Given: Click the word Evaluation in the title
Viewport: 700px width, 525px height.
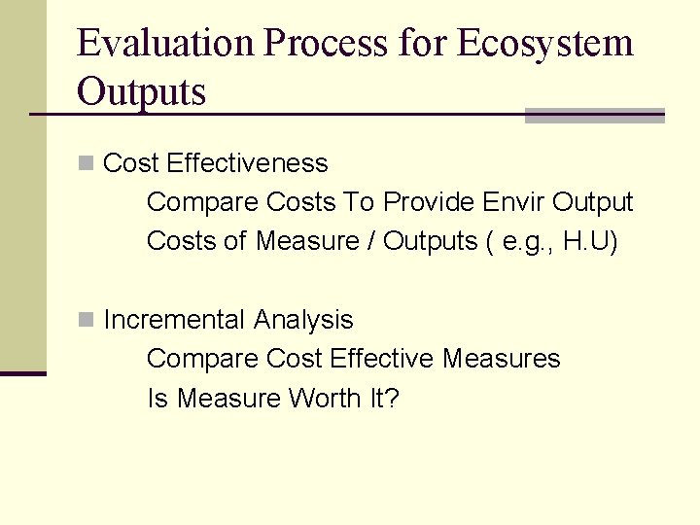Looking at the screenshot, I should tap(166, 43).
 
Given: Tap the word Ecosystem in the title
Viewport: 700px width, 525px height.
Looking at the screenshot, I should tap(543, 43).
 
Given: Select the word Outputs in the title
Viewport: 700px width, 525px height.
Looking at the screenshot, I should tap(141, 91).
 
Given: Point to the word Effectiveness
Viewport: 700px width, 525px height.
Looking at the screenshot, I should tap(247, 163).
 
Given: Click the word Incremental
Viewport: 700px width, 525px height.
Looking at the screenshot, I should tap(174, 320).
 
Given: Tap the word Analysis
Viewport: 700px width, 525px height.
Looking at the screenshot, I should tap(303, 320).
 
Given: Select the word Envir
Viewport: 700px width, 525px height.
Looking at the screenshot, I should tap(513, 202).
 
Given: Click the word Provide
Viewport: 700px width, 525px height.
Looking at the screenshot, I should tap(427, 202).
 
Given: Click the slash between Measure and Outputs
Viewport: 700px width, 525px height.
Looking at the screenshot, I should tap(371, 241).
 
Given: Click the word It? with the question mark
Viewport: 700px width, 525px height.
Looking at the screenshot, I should tap(383, 399).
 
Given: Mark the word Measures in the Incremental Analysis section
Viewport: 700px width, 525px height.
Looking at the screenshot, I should tap(501, 359).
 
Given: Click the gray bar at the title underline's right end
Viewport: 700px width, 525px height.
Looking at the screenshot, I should tap(594, 116).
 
